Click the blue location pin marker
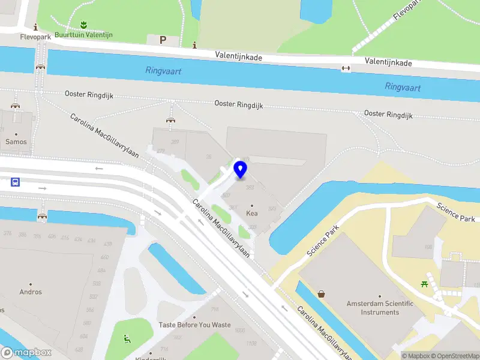tap(241, 170)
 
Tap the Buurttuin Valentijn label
tap(83, 35)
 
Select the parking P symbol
tap(162, 40)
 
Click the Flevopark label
tap(36, 37)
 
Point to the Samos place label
tap(16, 142)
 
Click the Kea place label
tap(252, 213)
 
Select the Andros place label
tap(31, 292)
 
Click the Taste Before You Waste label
tap(194, 325)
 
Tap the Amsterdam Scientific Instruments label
tap(380, 308)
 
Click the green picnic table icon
tap(425, 283)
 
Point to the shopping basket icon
tap(322, 294)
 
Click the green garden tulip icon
tap(83, 25)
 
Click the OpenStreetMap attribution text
tap(455, 356)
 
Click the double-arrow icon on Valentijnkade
tap(346, 68)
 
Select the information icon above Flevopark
tap(35, 27)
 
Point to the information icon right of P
tap(194, 45)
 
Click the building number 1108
tap(251, 343)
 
